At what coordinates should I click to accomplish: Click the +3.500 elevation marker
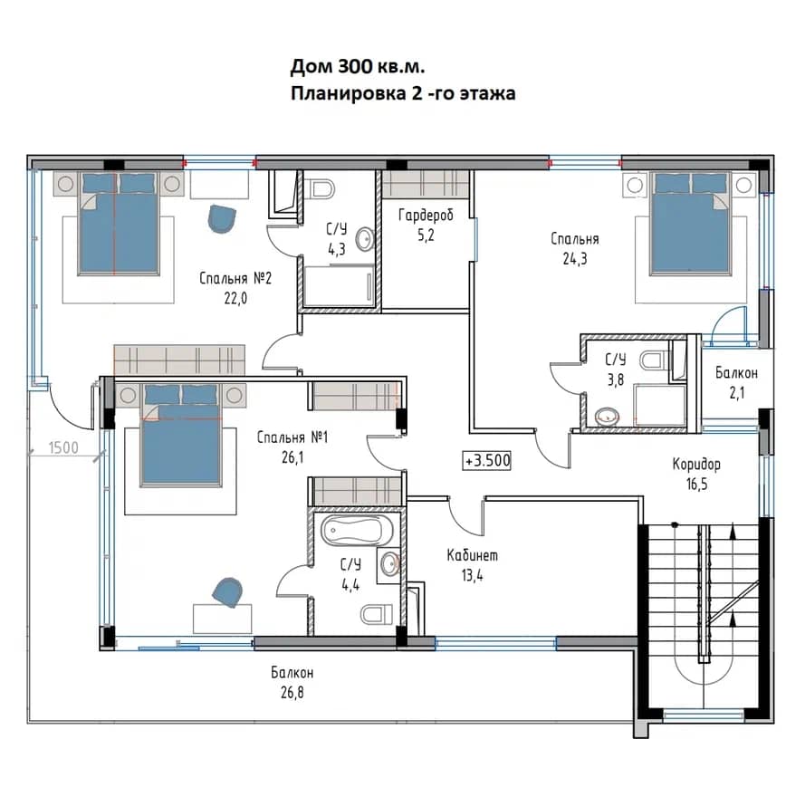(486, 460)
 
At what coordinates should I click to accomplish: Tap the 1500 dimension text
(63, 447)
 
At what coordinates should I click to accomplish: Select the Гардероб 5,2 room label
(426, 225)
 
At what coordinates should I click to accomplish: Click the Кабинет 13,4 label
(473, 565)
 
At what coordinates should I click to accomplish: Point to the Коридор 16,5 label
(696, 474)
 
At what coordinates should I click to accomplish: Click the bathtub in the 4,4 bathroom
(357, 532)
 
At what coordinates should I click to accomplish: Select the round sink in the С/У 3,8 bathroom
(608, 416)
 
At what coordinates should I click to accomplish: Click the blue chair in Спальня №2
(222, 219)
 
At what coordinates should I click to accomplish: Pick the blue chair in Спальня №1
(227, 592)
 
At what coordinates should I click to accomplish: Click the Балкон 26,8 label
(292, 683)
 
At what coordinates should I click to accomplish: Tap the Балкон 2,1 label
(737, 382)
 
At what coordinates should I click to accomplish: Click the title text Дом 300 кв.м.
(358, 67)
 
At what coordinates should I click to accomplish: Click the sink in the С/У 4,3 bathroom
(365, 239)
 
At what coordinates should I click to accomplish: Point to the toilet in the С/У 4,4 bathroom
(377, 614)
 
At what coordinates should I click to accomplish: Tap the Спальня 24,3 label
(575, 248)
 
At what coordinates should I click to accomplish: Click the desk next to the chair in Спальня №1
(222, 619)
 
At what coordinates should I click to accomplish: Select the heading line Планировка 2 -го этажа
(403, 94)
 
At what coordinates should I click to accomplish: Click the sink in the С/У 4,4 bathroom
(390, 565)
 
